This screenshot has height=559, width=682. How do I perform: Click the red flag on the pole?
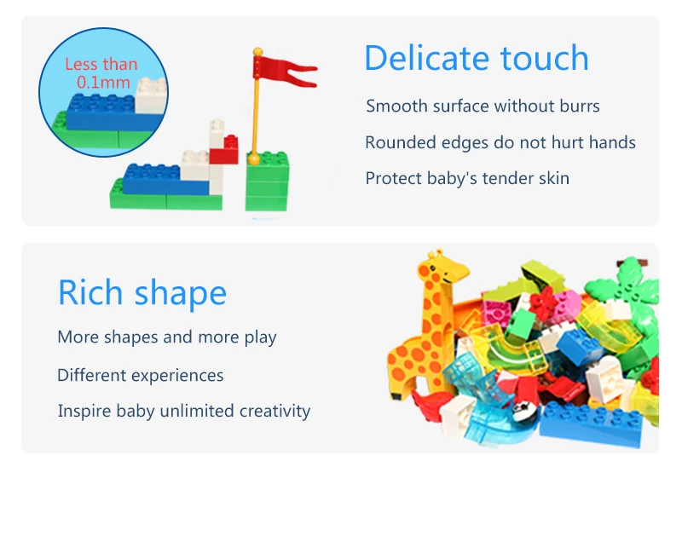click(x=283, y=71)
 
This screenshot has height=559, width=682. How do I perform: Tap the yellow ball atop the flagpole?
click(x=258, y=52)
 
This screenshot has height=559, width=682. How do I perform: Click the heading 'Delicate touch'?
click(x=477, y=57)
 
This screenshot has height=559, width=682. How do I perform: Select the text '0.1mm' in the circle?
click(x=103, y=82)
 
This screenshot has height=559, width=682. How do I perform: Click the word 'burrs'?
click(x=580, y=106)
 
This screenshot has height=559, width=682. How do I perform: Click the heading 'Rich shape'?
click(x=142, y=293)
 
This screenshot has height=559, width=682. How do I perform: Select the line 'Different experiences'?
click(x=141, y=375)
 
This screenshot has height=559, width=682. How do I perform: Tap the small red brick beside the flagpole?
click(x=224, y=150)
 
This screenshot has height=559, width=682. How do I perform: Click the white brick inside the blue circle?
click(x=151, y=95)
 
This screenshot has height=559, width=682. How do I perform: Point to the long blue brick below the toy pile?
click(x=591, y=424)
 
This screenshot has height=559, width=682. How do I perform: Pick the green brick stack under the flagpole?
click(x=267, y=182)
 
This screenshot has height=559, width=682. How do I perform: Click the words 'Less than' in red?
click(x=101, y=64)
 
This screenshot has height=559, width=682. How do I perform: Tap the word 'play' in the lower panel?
click(x=261, y=337)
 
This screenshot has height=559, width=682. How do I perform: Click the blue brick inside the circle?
click(x=101, y=113)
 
